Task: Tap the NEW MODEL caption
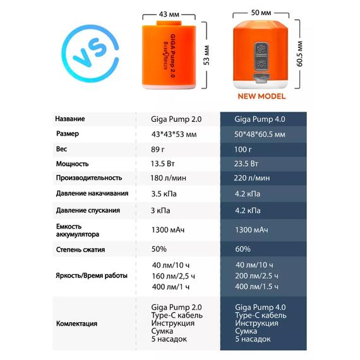[x=261, y=97]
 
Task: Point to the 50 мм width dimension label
[x=260, y=13]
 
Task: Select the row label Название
[x=69, y=119]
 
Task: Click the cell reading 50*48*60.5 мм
[x=259, y=135]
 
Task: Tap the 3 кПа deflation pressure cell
[x=161, y=210]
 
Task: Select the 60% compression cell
[x=243, y=249]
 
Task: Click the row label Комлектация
[x=76, y=324]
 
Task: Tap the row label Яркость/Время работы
[x=91, y=276]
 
